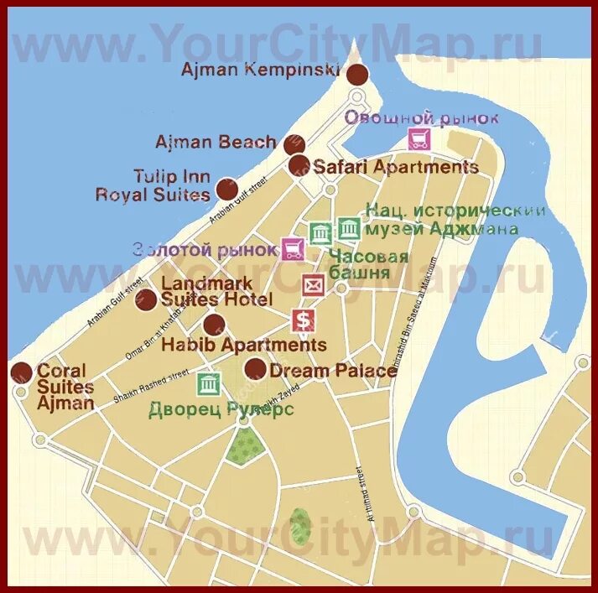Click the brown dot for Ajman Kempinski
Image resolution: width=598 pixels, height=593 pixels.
[358, 74]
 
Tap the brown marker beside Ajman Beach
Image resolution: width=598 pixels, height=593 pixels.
[292, 144]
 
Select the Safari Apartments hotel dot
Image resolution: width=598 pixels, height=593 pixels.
[298, 165]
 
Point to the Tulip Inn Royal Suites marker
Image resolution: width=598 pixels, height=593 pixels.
[226, 189]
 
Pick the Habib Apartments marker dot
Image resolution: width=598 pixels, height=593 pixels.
[214, 325]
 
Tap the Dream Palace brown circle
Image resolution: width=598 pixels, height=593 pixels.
[255, 368]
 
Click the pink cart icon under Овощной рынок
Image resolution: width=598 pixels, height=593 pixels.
[419, 139]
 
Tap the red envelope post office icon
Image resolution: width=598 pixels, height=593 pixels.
[314, 285]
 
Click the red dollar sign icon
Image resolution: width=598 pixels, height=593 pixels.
[303, 320]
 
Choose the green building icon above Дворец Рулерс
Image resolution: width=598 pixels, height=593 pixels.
[208, 384]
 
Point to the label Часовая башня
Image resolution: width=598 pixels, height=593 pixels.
[368, 264]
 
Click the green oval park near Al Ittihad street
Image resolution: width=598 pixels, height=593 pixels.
[299, 526]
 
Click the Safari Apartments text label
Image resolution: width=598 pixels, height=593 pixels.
[396, 167]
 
